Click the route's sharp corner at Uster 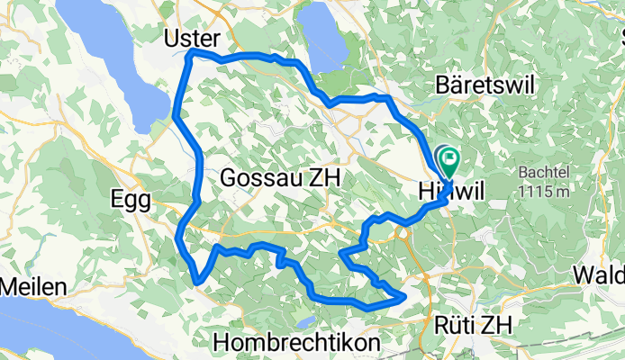coord(191,55)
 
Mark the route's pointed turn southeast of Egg coord(196,282)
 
